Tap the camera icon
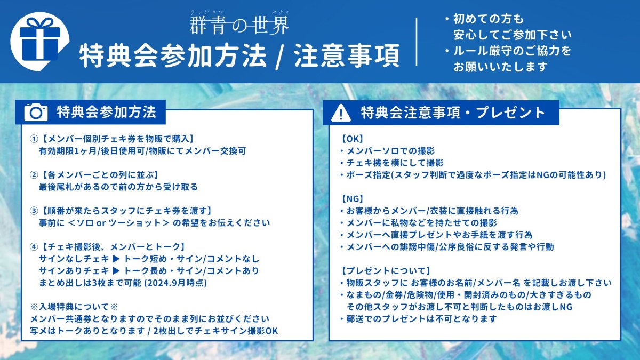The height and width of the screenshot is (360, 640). pos(36,113)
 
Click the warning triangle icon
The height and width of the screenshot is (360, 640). pos(341,113)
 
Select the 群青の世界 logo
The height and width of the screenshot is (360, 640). pos(239,23)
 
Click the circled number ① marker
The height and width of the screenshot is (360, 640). pos(34,139)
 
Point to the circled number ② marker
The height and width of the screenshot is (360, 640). pos(34,175)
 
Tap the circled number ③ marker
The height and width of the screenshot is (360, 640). pos(34,211)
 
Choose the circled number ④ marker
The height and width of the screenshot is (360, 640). pos(34,247)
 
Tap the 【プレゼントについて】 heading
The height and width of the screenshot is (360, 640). pos(386,271)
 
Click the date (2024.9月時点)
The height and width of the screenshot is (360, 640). pos(175,283)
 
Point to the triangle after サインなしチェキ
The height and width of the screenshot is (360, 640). pos(116,259)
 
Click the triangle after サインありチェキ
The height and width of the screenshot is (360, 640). pos(116,271)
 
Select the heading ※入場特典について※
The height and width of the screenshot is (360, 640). pos(74,307)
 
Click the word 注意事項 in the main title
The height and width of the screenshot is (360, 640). pos(346,55)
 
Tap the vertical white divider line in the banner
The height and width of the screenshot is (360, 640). pos(417,42)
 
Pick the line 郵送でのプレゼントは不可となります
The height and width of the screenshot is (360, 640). pos(421,319)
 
